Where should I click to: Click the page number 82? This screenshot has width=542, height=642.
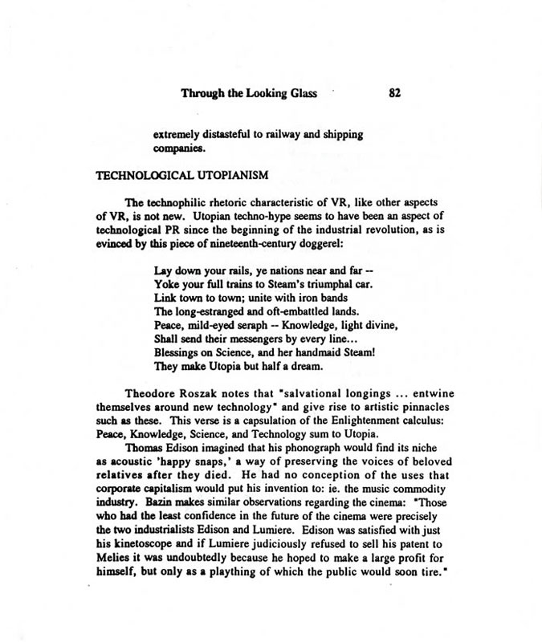click(394, 93)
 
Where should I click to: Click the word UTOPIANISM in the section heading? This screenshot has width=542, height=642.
click(222, 174)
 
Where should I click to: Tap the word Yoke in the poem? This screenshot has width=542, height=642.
click(166, 285)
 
